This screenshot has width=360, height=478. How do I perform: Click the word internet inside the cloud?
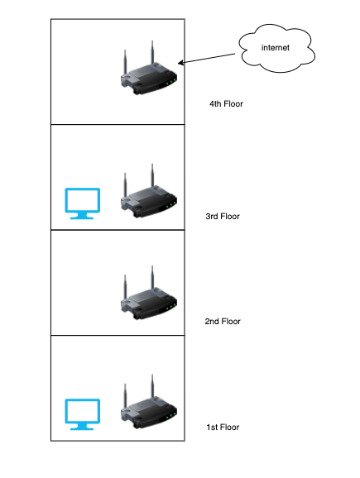[276, 48]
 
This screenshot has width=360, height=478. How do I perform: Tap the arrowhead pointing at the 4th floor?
[180, 63]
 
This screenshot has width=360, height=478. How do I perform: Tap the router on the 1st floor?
[149, 402]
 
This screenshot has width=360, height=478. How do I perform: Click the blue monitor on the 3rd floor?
[83, 203]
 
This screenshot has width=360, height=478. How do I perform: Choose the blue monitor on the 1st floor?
[83, 414]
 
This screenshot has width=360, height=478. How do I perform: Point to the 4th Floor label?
[226, 104]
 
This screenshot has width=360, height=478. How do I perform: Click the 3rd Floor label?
[223, 217]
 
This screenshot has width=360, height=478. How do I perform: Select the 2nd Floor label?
[223, 322]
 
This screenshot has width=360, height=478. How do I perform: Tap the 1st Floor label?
[223, 428]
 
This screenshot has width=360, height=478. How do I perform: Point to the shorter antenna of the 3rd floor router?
[125, 184]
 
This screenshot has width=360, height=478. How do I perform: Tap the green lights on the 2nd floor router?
[171, 306]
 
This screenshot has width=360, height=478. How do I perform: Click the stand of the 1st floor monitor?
[82, 428]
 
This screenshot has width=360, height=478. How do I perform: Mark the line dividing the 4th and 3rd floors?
[118, 124]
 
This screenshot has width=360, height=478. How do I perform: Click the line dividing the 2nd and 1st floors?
[118, 335]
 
